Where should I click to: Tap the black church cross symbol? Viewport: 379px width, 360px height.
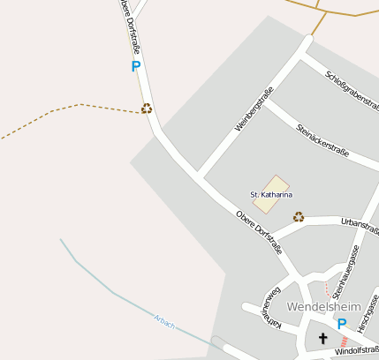tap(322, 338)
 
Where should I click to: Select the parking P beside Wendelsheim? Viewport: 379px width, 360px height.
tap(342, 324)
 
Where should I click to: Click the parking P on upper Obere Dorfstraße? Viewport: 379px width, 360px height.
tap(135, 66)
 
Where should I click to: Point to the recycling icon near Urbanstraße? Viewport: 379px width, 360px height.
tap(299, 216)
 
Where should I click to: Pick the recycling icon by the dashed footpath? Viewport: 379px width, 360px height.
tap(147, 109)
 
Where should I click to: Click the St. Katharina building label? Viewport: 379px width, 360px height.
tap(271, 194)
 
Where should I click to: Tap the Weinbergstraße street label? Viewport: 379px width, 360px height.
tap(254, 109)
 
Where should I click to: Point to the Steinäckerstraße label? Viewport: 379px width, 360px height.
tap(323, 140)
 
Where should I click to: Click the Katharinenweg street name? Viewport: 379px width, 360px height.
tap(269, 309)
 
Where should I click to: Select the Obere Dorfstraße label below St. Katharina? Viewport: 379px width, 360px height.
tap(259, 232)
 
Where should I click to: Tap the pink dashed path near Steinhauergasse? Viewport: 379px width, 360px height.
tap(328, 290)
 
